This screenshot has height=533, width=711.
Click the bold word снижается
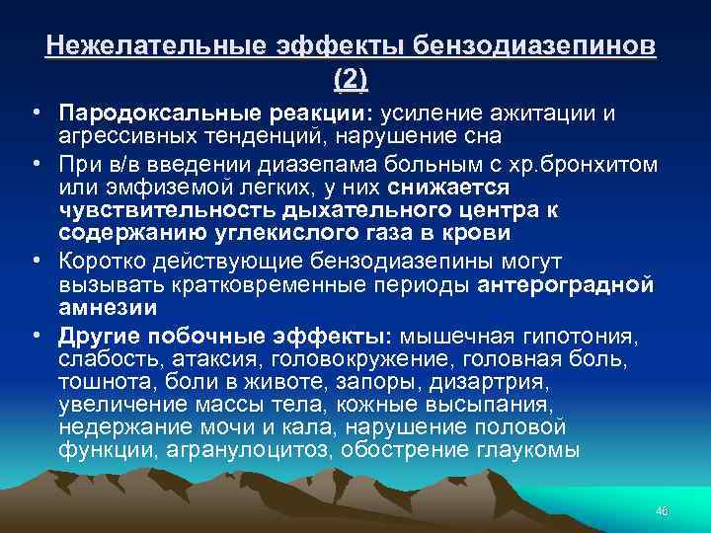pyautogui.click(x=454, y=187)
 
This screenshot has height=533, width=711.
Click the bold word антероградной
pyautogui.click(x=565, y=283)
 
